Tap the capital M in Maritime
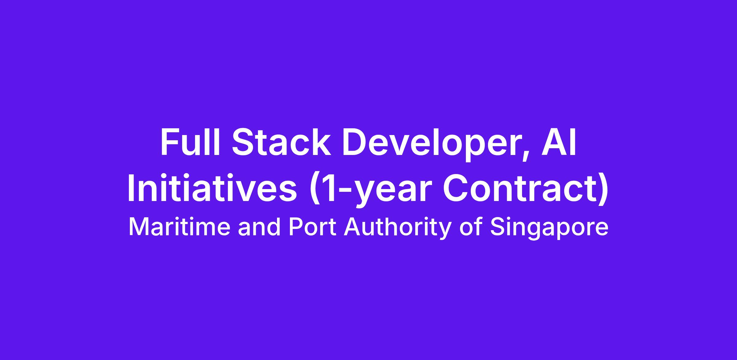click(139, 227)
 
